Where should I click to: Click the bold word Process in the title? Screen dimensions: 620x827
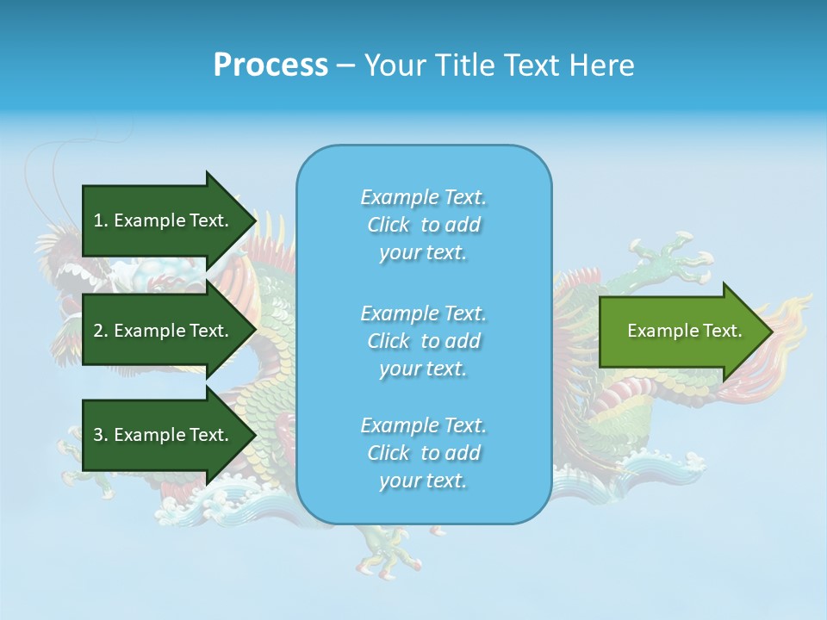[270, 65]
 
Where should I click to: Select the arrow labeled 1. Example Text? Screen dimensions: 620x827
[164, 220]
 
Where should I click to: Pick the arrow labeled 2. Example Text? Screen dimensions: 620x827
[164, 331]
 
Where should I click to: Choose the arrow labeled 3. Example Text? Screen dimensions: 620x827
[164, 435]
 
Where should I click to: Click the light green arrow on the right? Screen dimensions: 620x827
[681, 331]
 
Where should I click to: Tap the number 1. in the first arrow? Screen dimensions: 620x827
[101, 220]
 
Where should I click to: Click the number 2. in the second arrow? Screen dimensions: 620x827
[101, 331]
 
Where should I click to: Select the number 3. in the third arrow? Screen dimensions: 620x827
[101, 435]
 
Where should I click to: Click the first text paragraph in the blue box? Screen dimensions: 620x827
[423, 225]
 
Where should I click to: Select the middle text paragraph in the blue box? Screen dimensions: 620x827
[423, 340]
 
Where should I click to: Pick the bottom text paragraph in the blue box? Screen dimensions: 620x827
[423, 453]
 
